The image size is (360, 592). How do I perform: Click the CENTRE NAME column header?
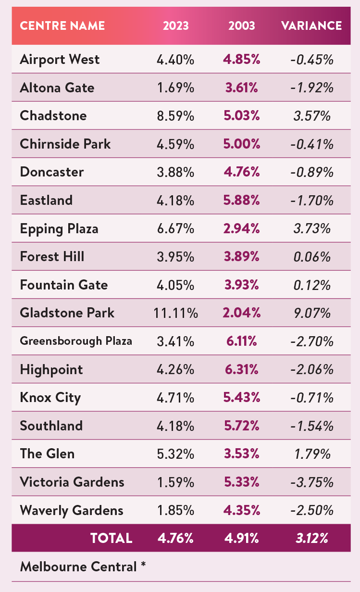62,25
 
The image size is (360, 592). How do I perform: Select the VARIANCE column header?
311,25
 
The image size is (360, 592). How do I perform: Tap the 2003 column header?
242,25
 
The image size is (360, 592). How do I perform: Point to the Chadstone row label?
53,115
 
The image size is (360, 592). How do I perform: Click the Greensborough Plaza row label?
76,341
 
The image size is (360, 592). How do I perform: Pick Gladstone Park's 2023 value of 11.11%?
175,313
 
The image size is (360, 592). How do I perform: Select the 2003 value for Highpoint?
242,369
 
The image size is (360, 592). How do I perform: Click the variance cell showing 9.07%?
311,313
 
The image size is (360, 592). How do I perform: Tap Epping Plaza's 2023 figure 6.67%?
175,228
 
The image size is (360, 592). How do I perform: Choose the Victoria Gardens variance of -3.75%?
311,482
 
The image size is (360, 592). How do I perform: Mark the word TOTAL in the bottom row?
111,538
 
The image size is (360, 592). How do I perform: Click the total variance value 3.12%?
311,538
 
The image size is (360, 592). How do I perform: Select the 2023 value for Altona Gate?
175,88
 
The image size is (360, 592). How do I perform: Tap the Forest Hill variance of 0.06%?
311,257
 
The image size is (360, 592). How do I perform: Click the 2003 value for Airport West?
242,60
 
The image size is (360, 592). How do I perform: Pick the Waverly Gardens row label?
72,510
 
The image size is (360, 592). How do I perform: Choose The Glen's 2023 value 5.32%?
175,453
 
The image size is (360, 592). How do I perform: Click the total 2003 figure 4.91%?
242,538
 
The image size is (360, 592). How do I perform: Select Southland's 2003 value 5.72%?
242,426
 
